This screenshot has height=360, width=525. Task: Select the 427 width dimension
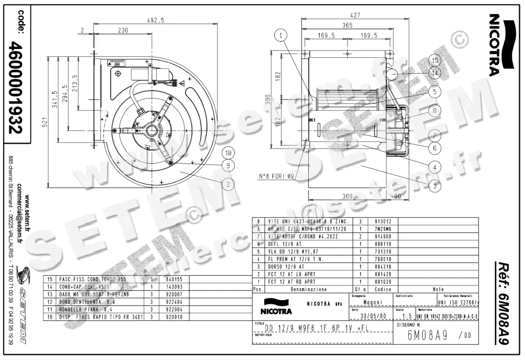(x=356, y=15)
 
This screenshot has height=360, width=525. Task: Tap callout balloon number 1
(x=282, y=35)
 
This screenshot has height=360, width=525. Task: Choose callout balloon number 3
(x=434, y=186)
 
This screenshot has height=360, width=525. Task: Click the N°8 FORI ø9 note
(x=276, y=177)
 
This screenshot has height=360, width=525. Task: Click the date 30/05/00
(x=373, y=316)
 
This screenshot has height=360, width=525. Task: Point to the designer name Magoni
(x=373, y=302)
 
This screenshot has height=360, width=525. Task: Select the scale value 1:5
(x=406, y=316)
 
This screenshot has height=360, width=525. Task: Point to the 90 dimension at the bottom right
(x=397, y=196)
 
